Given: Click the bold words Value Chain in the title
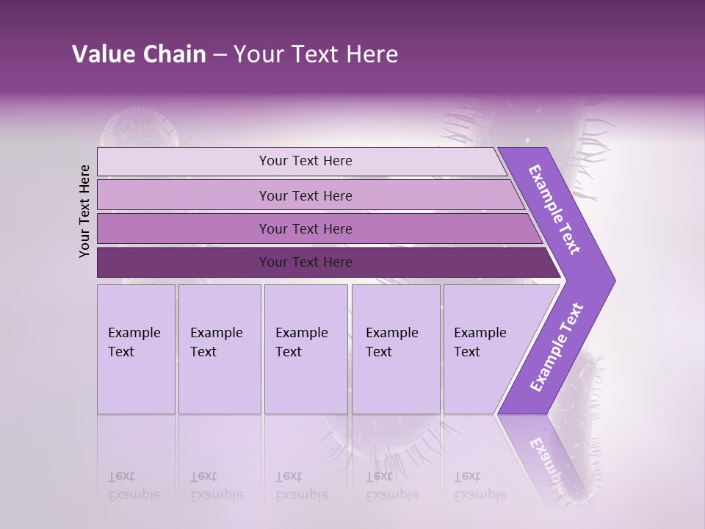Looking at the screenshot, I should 139,54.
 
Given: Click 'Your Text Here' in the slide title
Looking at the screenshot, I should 316,54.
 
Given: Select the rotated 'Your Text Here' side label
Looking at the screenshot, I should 84,211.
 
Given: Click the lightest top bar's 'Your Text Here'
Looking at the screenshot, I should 305,161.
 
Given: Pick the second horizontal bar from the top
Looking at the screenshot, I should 305,195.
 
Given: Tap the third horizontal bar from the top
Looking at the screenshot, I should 305,228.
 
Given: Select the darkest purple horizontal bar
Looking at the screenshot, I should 305,262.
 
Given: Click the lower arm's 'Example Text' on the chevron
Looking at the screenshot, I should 556,348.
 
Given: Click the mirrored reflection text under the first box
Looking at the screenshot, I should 134,486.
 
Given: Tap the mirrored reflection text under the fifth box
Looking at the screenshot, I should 480,486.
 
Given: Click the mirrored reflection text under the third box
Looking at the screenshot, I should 301,486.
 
